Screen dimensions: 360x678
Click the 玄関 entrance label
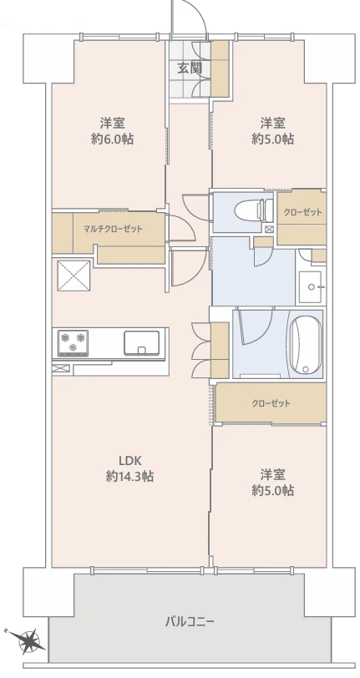[x=190, y=68]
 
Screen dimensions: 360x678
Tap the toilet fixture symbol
[x=254, y=210]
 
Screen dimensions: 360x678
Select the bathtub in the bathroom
[x=306, y=345]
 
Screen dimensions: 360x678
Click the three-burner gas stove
[x=73, y=343]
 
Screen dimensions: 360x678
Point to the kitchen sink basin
[x=141, y=342]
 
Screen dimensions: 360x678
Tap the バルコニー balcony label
[x=190, y=622]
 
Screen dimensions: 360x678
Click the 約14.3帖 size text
[x=129, y=476]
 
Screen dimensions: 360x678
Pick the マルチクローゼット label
[x=113, y=229]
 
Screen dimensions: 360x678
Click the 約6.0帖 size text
[x=113, y=139]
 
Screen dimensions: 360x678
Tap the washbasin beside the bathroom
[x=310, y=287]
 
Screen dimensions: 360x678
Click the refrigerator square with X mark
[x=74, y=276]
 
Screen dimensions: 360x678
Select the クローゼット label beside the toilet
[x=303, y=212]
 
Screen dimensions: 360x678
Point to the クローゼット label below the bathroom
[x=271, y=403]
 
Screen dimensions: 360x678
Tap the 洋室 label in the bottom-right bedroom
[x=272, y=475]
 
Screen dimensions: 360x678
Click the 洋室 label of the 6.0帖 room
[x=113, y=124]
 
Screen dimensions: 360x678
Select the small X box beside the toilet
[x=270, y=229]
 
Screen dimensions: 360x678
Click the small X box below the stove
[x=61, y=368]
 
